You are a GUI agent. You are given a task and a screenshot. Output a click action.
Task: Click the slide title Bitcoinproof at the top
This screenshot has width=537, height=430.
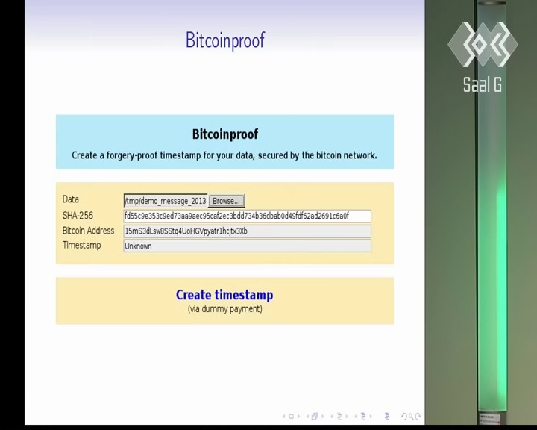tap(225, 40)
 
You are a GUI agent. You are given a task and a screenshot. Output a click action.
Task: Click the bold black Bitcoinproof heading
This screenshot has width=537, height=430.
tap(225, 134)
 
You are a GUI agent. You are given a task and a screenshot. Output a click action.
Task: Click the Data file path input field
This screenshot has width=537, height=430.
tap(166, 201)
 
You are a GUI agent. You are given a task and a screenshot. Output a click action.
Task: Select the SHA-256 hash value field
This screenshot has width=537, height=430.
tap(248, 216)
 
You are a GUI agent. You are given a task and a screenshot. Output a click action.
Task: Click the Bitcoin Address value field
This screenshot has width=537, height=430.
tap(248, 231)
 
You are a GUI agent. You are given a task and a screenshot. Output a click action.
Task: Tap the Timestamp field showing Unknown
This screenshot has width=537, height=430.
tap(248, 246)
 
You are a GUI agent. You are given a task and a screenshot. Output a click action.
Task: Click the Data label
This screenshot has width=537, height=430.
tap(71, 199)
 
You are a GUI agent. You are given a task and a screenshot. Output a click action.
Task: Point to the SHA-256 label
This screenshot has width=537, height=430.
tap(78, 215)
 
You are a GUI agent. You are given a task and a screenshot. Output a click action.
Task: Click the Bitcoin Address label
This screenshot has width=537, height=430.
tap(88, 231)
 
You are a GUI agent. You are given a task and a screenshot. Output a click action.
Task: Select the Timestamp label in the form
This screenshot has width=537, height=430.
tap(81, 245)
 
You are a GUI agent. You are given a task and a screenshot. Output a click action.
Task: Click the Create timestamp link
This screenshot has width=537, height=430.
tap(224, 295)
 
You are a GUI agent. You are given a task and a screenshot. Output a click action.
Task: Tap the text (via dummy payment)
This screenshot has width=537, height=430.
tap(225, 309)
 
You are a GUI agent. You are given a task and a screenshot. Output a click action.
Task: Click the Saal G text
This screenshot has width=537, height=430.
tap(483, 84)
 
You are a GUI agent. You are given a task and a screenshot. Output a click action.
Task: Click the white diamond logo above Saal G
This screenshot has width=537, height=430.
tap(483, 44)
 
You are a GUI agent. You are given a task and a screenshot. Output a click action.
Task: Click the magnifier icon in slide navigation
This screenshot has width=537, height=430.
tap(411, 417)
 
